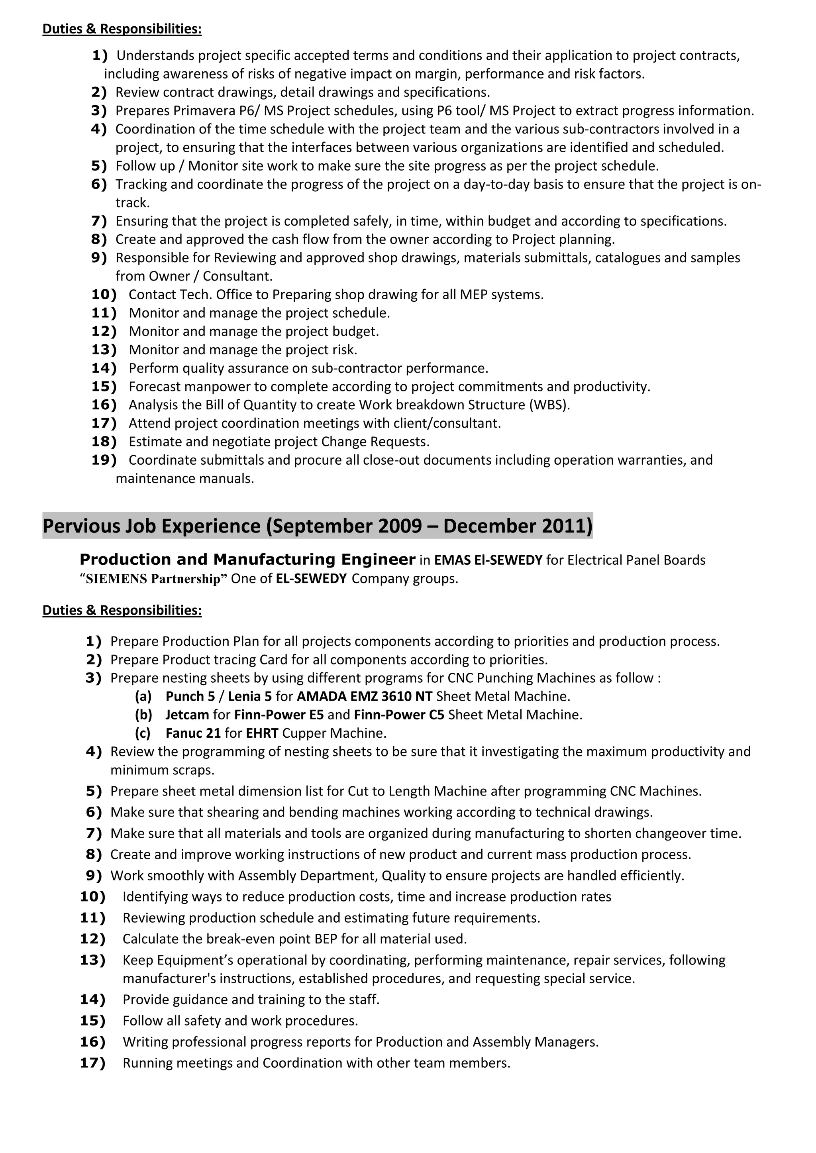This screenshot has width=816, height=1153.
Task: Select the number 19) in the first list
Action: (x=104, y=460)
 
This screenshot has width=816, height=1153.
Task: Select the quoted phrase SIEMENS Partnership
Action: (x=153, y=579)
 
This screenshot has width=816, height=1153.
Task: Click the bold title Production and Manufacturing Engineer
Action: (x=247, y=560)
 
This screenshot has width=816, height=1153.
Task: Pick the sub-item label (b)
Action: (x=143, y=715)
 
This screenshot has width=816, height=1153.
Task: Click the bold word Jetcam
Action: (x=187, y=715)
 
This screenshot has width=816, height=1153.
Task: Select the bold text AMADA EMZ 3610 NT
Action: (x=364, y=697)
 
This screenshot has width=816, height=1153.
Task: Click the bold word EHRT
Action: (x=262, y=733)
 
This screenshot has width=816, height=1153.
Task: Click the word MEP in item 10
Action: (x=473, y=295)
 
